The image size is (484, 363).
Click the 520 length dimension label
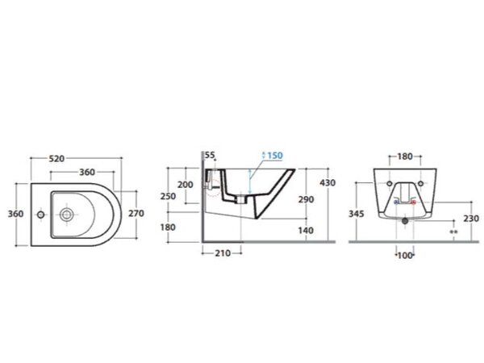click(56, 159)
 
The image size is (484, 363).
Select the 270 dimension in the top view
click(136, 213)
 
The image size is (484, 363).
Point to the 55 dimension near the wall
click(210, 155)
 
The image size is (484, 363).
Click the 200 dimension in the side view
click(186, 185)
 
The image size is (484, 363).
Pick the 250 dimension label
click(168, 196)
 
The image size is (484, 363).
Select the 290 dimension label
click(306, 199)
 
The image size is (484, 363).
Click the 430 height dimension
click(328, 183)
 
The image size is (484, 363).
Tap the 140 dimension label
click(306, 230)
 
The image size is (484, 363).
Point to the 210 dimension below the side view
click(223, 253)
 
